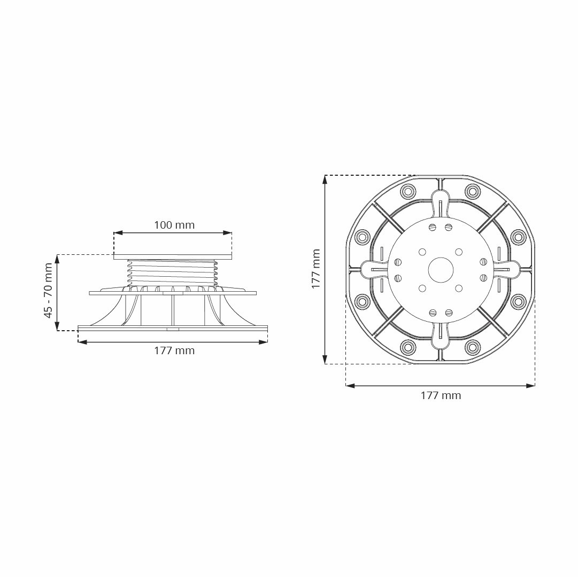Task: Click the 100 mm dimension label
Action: [x=174, y=225]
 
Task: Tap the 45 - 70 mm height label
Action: [x=48, y=291]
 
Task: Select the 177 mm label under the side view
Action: [x=174, y=350]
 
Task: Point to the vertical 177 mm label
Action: [x=316, y=268]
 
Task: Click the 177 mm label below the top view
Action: [x=441, y=395]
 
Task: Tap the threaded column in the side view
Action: [x=172, y=272]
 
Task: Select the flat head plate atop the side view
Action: [x=173, y=256]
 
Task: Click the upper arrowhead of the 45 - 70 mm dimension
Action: [x=57, y=259]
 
